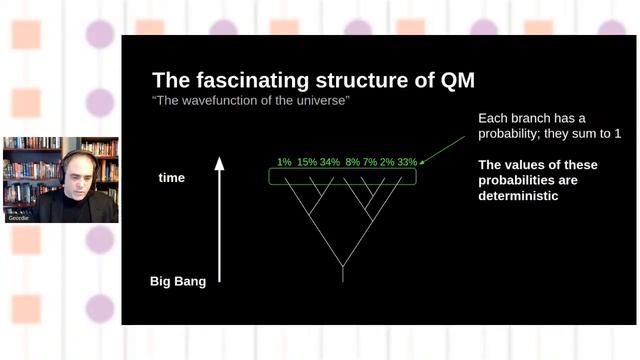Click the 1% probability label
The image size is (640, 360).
pos(284,162)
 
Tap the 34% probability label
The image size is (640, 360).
pos(330,162)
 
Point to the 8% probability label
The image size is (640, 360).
pos(353,162)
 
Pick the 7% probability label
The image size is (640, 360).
pos(370,162)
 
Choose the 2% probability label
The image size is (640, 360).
pos(387,162)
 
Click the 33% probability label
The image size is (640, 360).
pos(407,162)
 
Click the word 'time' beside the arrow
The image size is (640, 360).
pos(172,177)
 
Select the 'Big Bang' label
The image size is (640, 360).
pos(177,281)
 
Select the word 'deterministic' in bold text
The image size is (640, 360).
pos(518,196)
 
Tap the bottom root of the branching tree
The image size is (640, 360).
pos(343,278)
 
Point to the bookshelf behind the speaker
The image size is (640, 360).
pos(30,160)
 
